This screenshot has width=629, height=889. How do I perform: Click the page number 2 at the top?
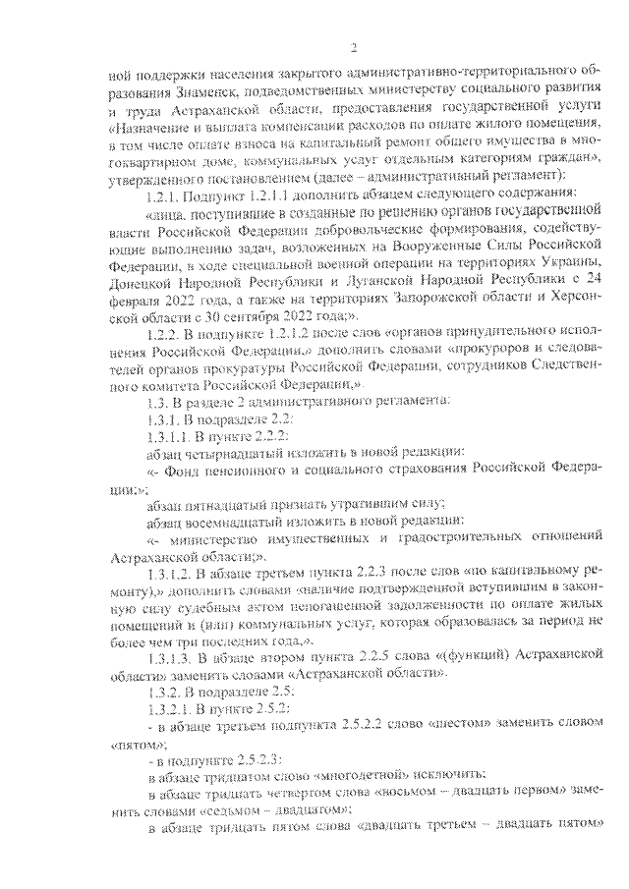[353, 50]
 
